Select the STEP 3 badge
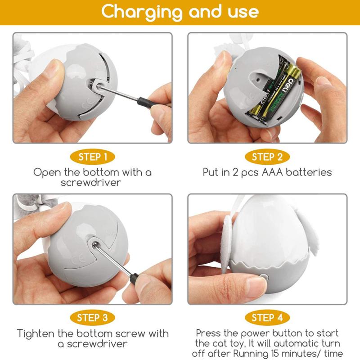click(93, 318)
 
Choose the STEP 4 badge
click(267, 318)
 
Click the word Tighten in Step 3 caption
click(39, 333)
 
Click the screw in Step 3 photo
click(95, 243)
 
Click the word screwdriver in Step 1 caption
click(92, 182)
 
